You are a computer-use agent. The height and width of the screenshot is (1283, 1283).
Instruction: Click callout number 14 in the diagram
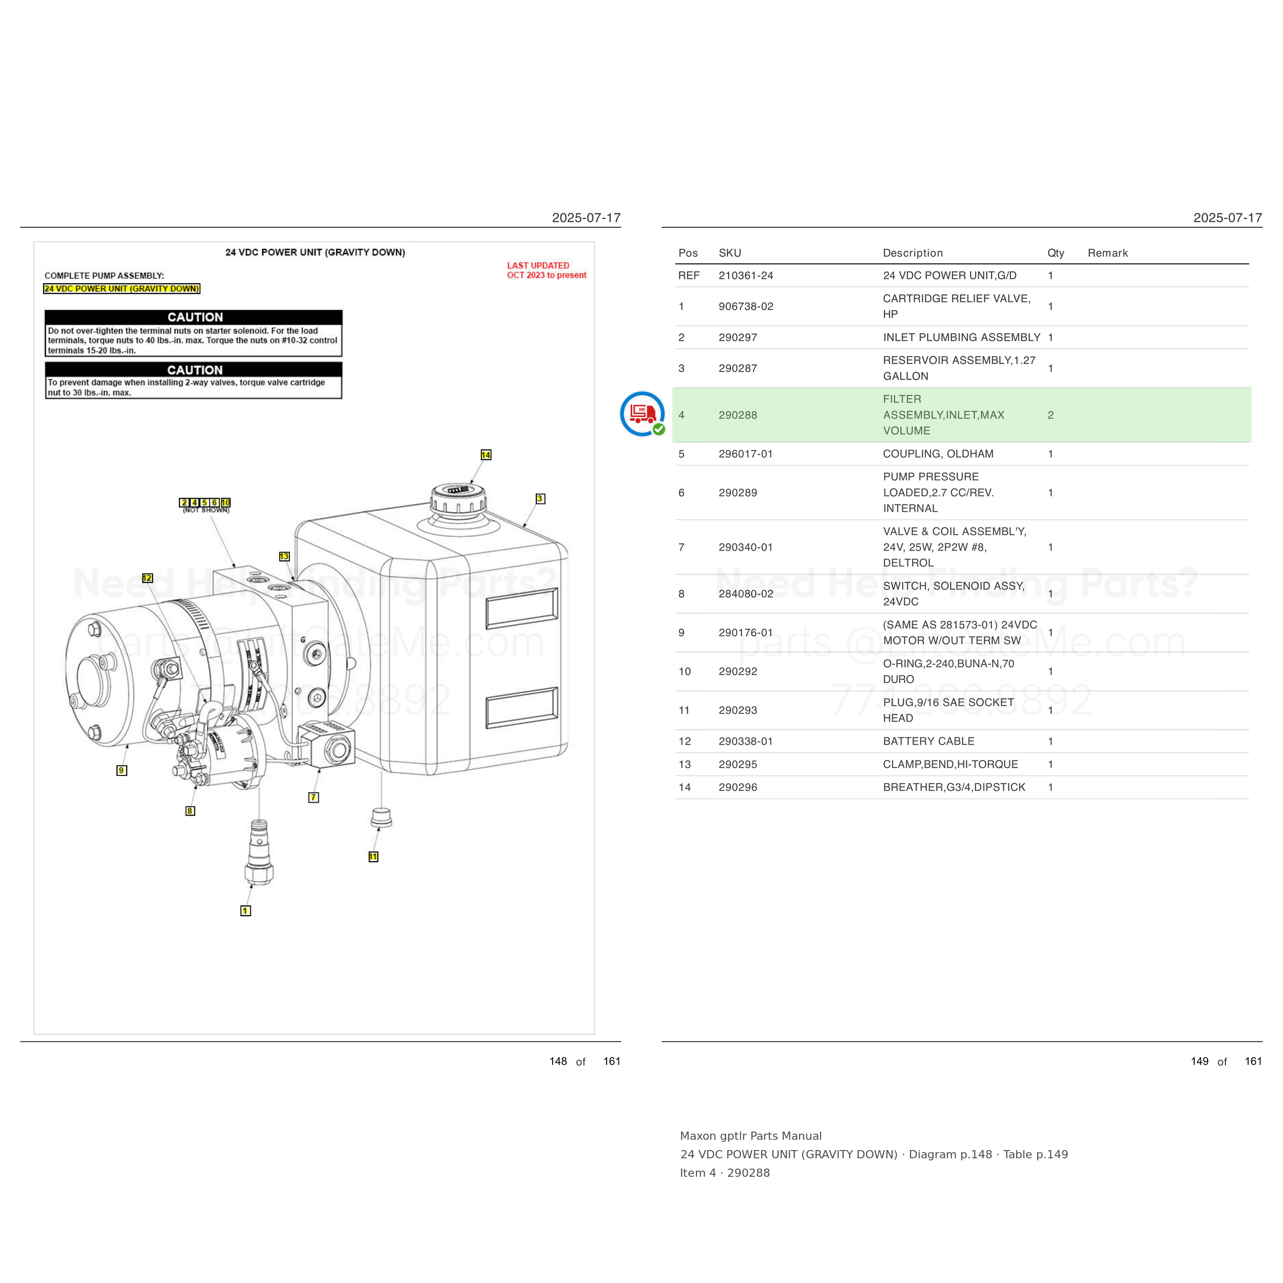coord(486,455)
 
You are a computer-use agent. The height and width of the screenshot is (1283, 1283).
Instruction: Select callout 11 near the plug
coord(373,857)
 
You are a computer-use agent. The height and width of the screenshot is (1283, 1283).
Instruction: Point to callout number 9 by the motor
coord(122,770)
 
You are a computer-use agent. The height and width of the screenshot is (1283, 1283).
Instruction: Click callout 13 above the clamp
coord(284,556)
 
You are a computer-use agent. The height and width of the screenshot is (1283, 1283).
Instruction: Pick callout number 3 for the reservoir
coord(540,499)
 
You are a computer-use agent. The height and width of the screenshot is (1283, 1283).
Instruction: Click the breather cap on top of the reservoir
coord(458,501)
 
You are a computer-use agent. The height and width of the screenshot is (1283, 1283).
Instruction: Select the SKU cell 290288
coord(738,415)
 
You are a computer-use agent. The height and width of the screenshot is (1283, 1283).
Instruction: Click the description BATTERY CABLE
coord(928,741)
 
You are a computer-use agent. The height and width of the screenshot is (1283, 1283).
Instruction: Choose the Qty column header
coord(1056,253)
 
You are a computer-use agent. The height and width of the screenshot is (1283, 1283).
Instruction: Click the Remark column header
coord(1107,253)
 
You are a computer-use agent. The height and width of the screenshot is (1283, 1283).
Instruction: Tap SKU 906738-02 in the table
coord(746,306)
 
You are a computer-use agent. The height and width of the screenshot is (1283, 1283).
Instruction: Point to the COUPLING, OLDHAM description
coord(938,454)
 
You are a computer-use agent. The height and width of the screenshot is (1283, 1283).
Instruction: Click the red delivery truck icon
coord(642,414)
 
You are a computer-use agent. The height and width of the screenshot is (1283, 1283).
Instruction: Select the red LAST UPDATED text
coord(538,266)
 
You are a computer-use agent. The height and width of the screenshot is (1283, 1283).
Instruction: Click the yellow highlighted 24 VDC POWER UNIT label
coord(122,289)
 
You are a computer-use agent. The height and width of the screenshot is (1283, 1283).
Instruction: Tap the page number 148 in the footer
coord(558,1061)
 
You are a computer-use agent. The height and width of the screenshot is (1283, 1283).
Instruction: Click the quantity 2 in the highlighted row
coord(1051,415)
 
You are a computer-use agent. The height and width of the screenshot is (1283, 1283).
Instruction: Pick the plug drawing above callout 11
coord(381,818)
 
